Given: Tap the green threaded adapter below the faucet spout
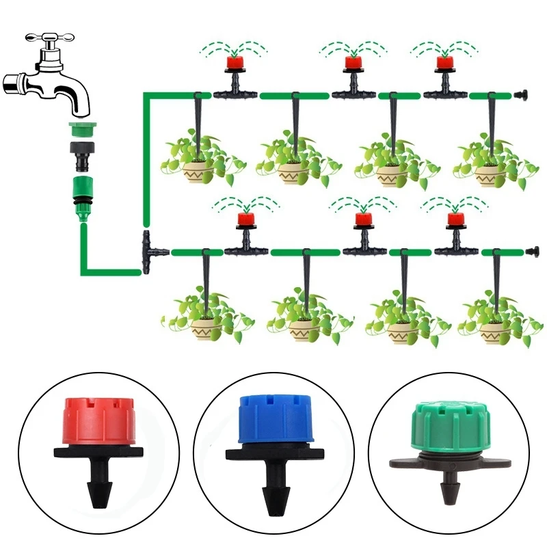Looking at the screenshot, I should click(x=84, y=128).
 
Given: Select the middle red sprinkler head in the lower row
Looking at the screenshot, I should click(x=362, y=219).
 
